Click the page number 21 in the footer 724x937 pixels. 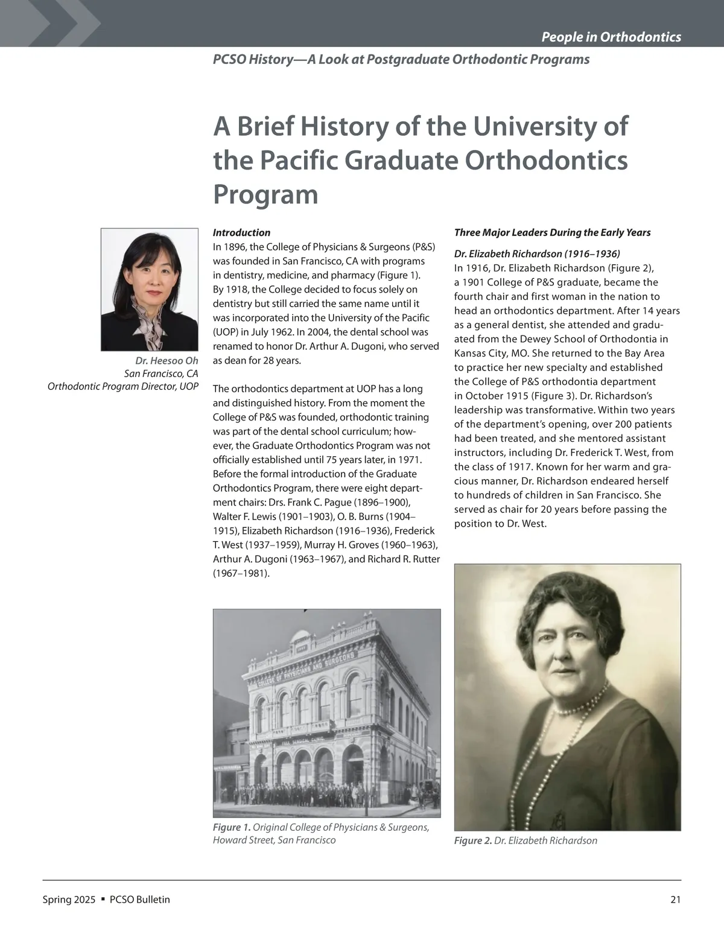tap(675, 900)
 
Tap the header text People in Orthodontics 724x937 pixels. tap(611, 37)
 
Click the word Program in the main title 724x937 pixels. tap(265, 194)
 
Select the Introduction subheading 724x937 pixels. tap(241, 232)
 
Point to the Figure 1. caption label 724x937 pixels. tap(231, 827)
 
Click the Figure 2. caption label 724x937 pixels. tap(472, 840)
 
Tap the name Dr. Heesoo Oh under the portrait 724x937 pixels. tap(167, 361)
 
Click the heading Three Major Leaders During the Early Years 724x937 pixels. tap(552, 232)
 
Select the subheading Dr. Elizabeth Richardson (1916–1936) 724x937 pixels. tap(537, 253)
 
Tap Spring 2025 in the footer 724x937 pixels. tap(69, 900)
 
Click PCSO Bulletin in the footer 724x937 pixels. tap(140, 900)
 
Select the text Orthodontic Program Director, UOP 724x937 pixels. tap(122, 386)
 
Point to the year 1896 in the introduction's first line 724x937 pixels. tap(235, 247)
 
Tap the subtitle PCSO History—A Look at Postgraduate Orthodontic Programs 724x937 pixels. tap(401, 59)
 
